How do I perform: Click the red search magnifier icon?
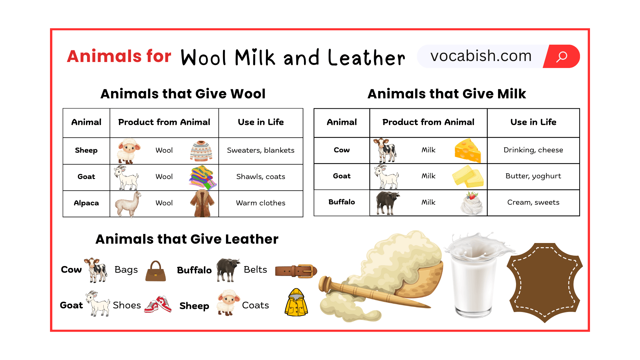(562, 56)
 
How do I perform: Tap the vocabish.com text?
(481, 56)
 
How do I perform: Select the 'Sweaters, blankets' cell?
(261, 150)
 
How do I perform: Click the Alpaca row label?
(86, 203)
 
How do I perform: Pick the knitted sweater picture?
(201, 151)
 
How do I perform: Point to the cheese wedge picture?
(468, 150)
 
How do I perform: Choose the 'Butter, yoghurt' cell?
(533, 176)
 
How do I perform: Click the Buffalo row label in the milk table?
(342, 202)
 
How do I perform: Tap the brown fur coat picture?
(202, 203)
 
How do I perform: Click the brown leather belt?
(296, 271)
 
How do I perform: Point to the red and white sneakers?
(158, 304)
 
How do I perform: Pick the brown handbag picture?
(156, 271)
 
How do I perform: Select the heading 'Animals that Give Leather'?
(187, 239)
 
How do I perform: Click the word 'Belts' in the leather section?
(255, 270)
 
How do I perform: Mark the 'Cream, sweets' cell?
(533, 202)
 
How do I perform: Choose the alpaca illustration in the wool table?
(128, 204)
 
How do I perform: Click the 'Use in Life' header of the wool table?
(261, 122)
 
